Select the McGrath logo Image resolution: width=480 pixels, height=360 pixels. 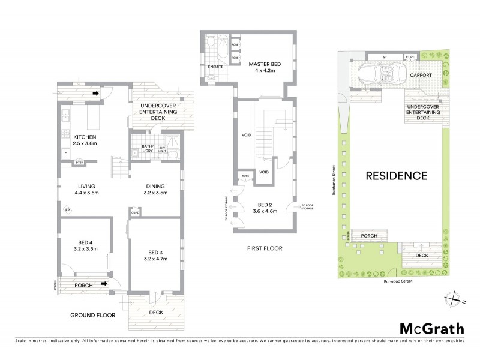pos(431,328)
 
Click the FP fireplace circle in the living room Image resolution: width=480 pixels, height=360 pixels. pos(67,210)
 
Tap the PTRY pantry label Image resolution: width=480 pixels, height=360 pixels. pos(79,163)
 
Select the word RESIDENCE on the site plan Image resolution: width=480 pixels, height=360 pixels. pos(397,176)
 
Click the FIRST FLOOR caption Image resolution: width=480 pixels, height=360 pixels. pos(264,248)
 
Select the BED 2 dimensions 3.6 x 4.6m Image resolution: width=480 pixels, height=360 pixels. pos(265,211)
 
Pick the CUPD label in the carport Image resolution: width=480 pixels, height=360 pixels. pos(410,56)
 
